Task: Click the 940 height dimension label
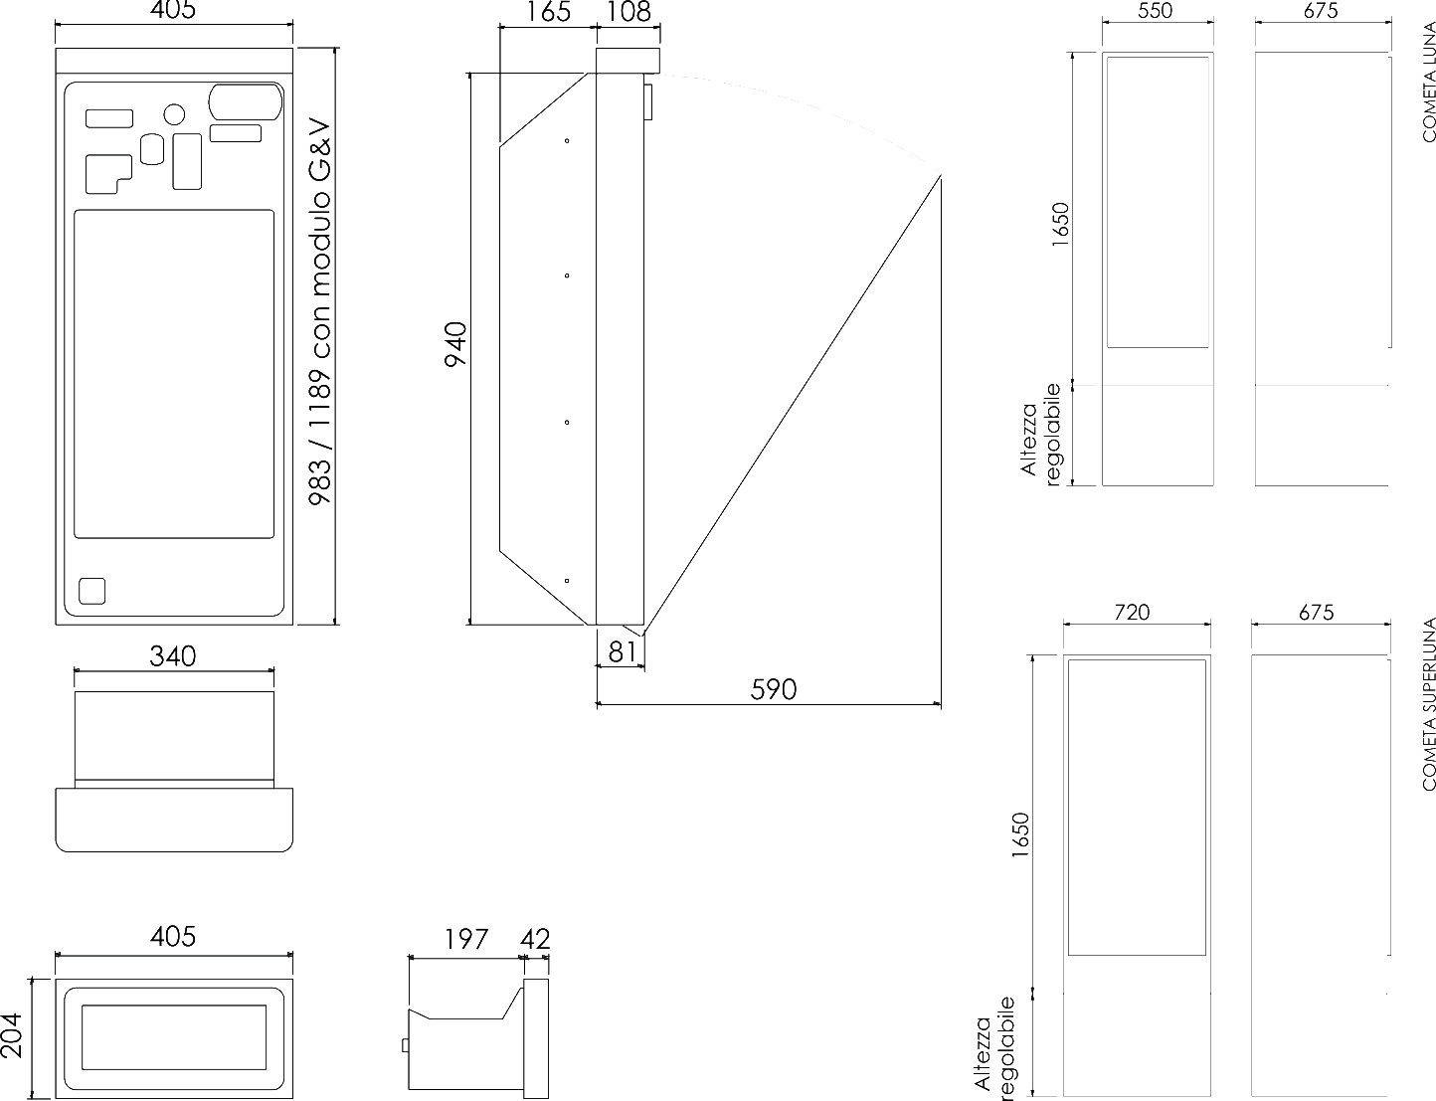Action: pos(456,344)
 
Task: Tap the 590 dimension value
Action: pos(773,689)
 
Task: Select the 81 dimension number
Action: pos(622,652)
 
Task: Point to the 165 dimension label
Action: pos(548,12)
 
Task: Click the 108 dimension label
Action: pos(628,12)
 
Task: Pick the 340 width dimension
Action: pos(172,656)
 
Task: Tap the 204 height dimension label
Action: pos(12,1035)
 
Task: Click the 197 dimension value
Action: pos(465,939)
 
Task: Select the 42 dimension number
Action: pos(535,939)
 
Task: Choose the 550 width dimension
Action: pos(1156,11)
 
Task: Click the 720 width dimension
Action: pos(1132,612)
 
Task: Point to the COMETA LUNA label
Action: pos(1429,82)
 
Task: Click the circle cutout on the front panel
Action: pos(174,114)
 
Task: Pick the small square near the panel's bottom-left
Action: pos(91,591)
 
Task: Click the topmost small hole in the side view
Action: pos(567,141)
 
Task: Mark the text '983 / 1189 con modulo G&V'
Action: pos(320,312)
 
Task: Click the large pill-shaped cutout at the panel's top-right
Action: pos(246,101)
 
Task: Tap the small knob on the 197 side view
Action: pos(406,1045)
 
